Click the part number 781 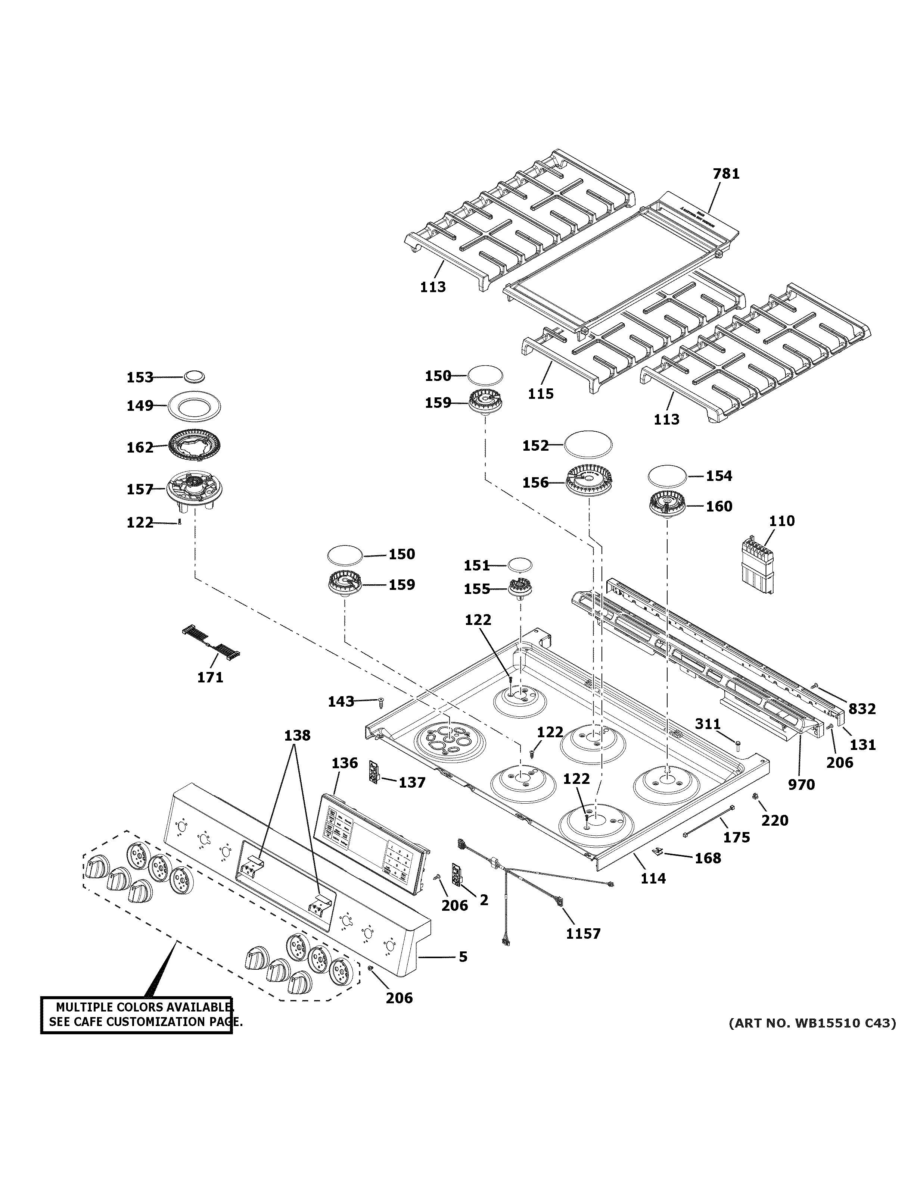point(725,174)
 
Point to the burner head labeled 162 point(195,447)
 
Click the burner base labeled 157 point(195,489)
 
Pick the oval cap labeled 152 point(588,445)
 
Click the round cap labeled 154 point(668,476)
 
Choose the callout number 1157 point(583,934)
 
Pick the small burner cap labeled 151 point(519,564)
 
